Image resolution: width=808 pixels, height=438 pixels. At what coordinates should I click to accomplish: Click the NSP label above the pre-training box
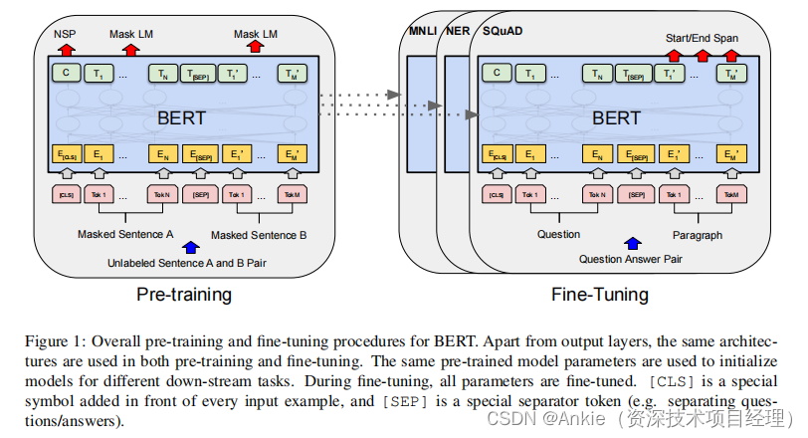(x=65, y=34)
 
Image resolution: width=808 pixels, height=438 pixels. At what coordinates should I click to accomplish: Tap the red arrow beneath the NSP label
(x=66, y=50)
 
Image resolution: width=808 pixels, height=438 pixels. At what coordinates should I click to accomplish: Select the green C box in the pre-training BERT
(x=66, y=73)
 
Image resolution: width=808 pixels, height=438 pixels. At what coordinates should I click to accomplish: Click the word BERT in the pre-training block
(x=181, y=118)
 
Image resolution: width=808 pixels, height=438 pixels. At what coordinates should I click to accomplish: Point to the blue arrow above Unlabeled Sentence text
(x=191, y=247)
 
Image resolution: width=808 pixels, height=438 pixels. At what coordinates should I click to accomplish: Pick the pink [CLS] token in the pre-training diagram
(x=67, y=194)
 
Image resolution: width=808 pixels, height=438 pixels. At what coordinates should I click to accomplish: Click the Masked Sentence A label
(x=125, y=235)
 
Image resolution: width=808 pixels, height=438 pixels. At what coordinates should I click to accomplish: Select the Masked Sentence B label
(x=259, y=235)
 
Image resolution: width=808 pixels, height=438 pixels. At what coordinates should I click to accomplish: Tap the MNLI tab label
(x=423, y=31)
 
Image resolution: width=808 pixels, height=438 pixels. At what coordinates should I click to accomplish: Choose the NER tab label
(x=458, y=31)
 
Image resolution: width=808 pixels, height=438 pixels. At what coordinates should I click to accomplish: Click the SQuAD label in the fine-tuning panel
(x=503, y=31)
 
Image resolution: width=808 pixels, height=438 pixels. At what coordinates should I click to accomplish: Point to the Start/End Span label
(x=702, y=38)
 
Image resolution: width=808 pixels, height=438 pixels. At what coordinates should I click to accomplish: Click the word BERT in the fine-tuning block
(x=616, y=118)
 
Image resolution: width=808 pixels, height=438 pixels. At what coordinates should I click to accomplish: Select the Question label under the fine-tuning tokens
(x=558, y=235)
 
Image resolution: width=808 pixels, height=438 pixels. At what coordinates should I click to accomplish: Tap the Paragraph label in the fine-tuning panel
(x=698, y=235)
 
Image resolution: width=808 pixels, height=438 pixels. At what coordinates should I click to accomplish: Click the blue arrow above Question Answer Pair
(x=633, y=243)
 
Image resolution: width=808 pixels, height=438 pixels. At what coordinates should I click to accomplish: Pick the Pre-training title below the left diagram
(x=184, y=295)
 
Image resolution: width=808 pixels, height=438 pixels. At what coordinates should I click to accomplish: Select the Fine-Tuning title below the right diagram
(x=600, y=295)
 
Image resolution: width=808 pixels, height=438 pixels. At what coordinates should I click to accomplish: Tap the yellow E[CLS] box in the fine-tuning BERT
(x=498, y=154)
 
